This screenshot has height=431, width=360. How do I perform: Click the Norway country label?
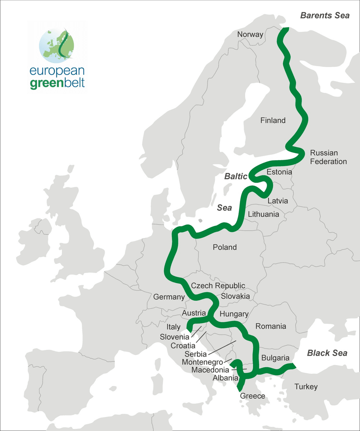pyautogui.click(x=250, y=35)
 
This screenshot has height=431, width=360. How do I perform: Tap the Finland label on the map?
pyautogui.click(x=273, y=120)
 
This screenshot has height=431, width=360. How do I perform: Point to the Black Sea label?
pyautogui.click(x=327, y=353)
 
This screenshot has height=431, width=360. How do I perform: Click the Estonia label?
pyautogui.click(x=279, y=172)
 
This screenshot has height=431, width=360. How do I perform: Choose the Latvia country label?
pyautogui.click(x=278, y=201)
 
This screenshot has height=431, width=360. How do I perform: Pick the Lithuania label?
pyautogui.click(x=264, y=214)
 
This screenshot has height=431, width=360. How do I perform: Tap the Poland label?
pyautogui.click(x=225, y=247)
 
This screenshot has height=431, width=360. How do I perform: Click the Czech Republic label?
pyautogui.click(x=218, y=286)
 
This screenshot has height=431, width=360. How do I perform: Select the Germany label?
pyautogui.click(x=169, y=297)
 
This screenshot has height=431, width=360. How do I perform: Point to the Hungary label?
pyautogui.click(x=234, y=314)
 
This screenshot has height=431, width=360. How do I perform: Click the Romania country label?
pyautogui.click(x=271, y=326)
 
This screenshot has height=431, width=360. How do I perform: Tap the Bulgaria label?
pyautogui.click(x=275, y=358)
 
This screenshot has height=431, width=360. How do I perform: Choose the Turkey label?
pyautogui.click(x=306, y=387)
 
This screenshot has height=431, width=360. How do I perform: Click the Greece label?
pyautogui.click(x=252, y=396)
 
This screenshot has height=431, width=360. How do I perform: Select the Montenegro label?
pyautogui.click(x=202, y=362)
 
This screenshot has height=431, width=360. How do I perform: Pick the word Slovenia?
pyautogui.click(x=175, y=337)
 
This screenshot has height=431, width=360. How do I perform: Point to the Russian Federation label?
pyautogui.click(x=328, y=157)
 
